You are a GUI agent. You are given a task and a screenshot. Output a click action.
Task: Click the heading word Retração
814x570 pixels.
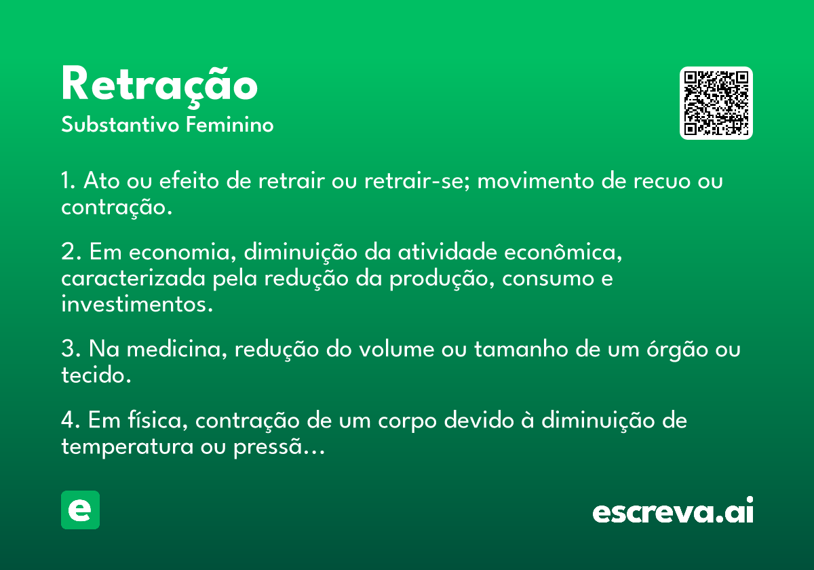[159, 86]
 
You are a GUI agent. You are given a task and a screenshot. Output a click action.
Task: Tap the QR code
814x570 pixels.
[716, 103]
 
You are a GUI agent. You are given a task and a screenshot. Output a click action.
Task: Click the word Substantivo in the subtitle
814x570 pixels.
[120, 124]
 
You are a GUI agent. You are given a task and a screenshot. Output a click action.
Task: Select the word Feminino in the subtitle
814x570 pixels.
[230, 124]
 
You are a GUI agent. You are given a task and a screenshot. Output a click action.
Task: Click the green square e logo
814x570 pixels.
[80, 510]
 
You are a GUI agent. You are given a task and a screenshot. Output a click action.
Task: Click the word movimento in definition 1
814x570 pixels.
[536, 180]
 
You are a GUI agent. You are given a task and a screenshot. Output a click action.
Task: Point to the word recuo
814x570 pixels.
[662, 180]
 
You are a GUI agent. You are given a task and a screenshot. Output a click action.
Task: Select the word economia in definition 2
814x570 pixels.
[179, 252]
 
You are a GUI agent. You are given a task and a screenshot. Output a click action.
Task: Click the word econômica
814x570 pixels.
[563, 252]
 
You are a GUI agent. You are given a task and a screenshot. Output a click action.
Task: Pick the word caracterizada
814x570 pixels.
[134, 278]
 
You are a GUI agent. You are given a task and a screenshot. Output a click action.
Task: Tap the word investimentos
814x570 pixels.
[137, 304]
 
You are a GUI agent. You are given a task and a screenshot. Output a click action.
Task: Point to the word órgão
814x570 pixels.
[677, 349]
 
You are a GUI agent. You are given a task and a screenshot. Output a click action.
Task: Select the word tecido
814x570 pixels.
[96, 375]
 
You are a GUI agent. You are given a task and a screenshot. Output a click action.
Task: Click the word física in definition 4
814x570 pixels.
[158, 420]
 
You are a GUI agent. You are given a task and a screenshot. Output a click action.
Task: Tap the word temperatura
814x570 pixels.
[128, 446]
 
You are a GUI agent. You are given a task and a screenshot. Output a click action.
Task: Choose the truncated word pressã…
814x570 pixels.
[279, 446]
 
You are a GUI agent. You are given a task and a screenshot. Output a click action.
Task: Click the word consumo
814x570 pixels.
[548, 279]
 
